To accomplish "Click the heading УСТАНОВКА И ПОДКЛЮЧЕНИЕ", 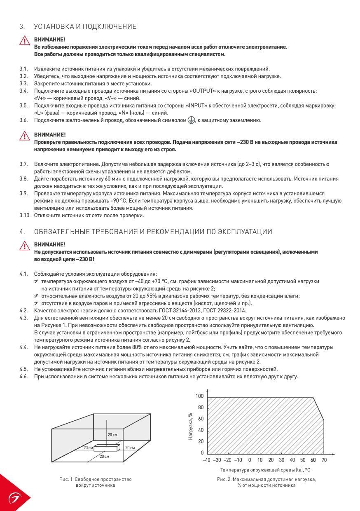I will (x=85, y=27).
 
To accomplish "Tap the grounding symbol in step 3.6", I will (x=191, y=120).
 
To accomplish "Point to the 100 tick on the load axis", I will (x=200, y=396).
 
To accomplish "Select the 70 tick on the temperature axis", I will (x=324, y=460).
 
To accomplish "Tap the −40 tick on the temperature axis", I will (x=206, y=460).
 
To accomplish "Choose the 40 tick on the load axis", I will (x=201, y=430).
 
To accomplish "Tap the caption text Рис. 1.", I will (x=66, y=480).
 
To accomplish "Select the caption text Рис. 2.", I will (x=224, y=480).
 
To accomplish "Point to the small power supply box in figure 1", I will (x=106, y=447).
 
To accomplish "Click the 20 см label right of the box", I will (x=130, y=447).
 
